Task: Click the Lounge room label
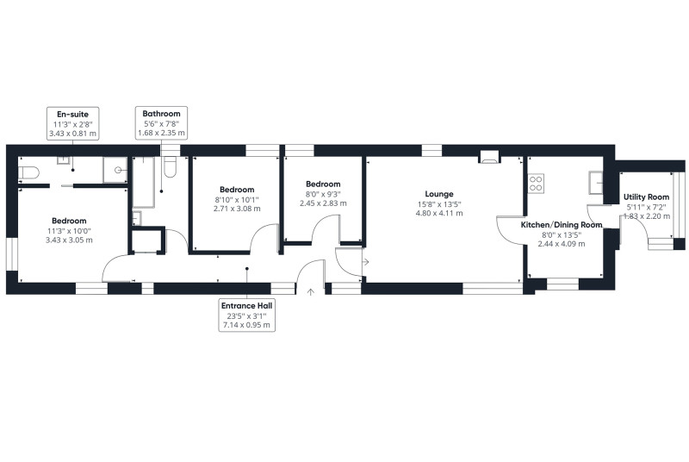pos(439,194)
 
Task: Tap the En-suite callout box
pos(73,123)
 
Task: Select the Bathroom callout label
pos(161,114)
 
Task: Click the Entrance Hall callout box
pos(246,315)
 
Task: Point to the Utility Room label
pos(647,197)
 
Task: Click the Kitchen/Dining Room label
pos(562,225)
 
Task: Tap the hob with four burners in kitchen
pos(536,184)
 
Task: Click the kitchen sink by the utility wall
pos(596,183)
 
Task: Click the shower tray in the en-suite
pos(115,170)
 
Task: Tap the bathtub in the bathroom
pos(144,182)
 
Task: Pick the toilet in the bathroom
pos(170,167)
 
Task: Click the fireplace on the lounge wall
pos(489,157)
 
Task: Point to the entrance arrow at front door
pos(311,292)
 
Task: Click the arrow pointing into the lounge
pos(365,262)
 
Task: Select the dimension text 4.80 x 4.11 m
pos(439,213)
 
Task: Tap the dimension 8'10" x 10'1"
pos(237,200)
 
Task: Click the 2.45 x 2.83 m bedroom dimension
pos(323,203)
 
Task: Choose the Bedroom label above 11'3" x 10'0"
pos(69,221)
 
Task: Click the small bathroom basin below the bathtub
pos(137,218)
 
